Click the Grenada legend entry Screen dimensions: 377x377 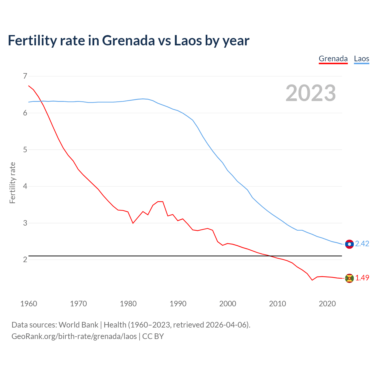click(x=333, y=59)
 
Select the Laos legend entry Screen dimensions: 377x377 click(x=361, y=59)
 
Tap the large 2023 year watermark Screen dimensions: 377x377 click(x=310, y=93)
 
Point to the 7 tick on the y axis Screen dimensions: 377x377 click(x=25, y=76)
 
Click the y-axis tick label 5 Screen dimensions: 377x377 click(x=25, y=150)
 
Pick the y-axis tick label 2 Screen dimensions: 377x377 click(x=25, y=259)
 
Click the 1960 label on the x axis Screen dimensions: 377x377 click(x=29, y=304)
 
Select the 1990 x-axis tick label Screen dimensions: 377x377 click(x=178, y=304)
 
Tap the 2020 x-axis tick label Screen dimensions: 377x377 click(x=327, y=304)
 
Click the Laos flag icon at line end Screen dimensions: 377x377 click(x=349, y=244)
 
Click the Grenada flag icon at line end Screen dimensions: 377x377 click(x=349, y=278)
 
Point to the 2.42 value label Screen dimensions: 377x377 click(x=362, y=244)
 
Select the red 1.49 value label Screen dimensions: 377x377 click(x=362, y=278)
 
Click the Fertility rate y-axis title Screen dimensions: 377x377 click(x=12, y=183)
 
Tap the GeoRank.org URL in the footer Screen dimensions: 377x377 click(x=74, y=336)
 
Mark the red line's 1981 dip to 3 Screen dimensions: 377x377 click(x=133, y=223)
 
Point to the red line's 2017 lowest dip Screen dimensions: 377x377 click(x=312, y=280)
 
